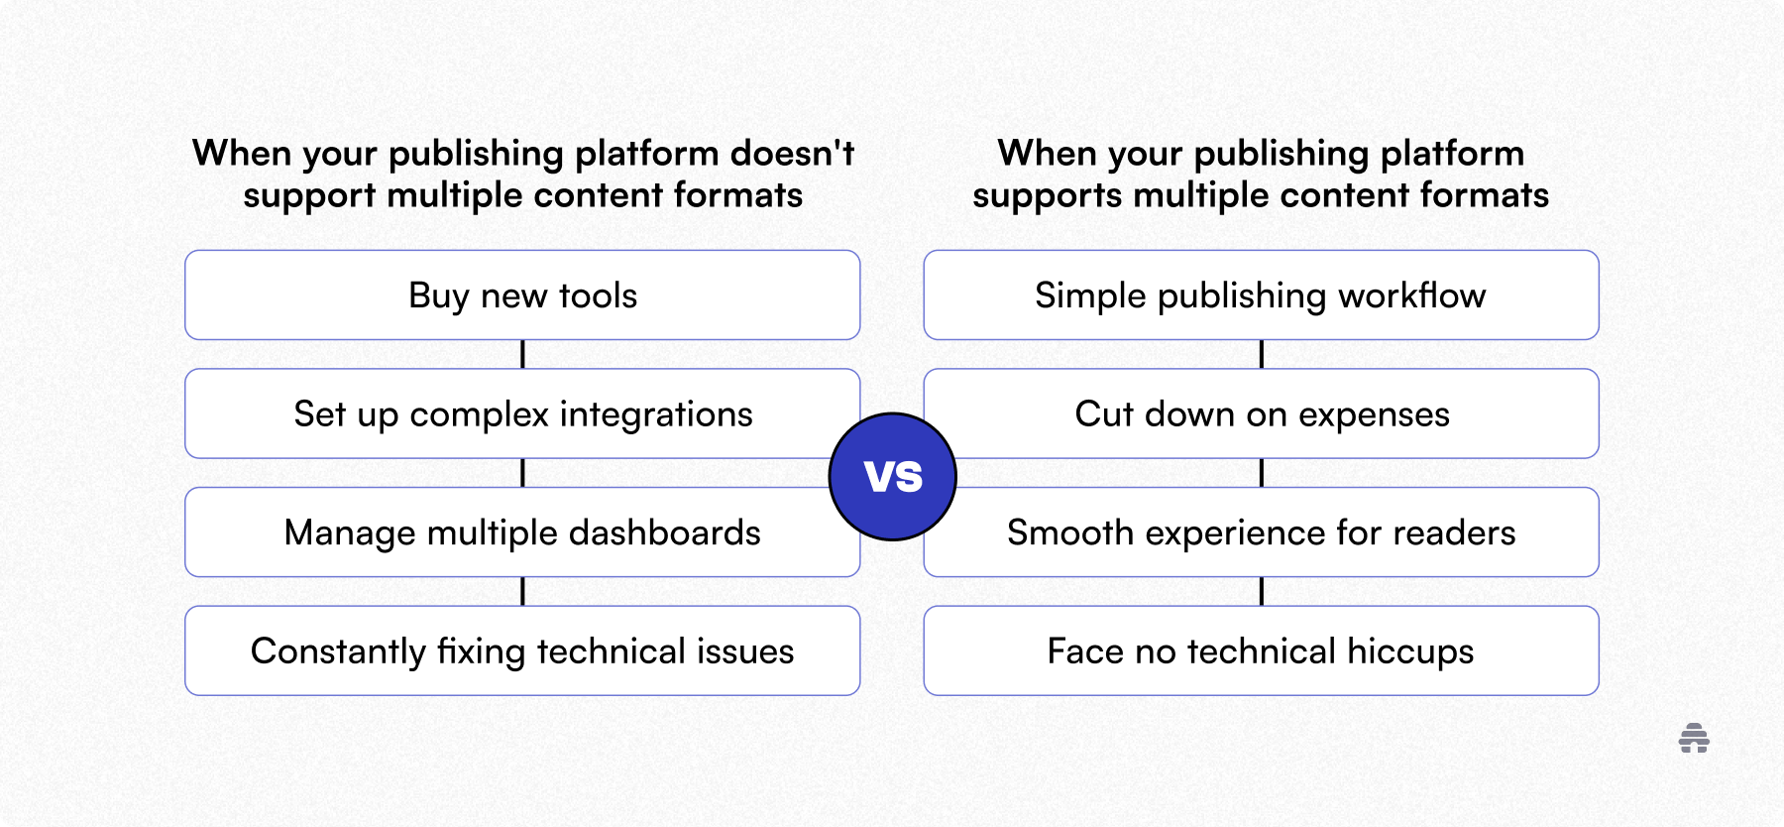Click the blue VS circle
coord(892,477)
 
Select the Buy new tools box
coord(522,295)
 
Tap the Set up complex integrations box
coord(522,414)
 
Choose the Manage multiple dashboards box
coord(522,532)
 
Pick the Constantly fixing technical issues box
coord(522,651)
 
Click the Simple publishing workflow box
coord(1261,295)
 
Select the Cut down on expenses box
coord(1261,414)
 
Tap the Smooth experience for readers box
coord(1261,532)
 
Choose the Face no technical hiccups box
coord(1261,651)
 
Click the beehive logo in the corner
coord(1694,739)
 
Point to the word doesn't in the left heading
coord(792,154)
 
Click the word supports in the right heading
coord(1047,196)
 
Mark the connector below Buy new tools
coord(522,354)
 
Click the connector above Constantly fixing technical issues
coord(522,591)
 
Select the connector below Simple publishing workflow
coord(1261,354)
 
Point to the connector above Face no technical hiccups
coord(1261,591)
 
